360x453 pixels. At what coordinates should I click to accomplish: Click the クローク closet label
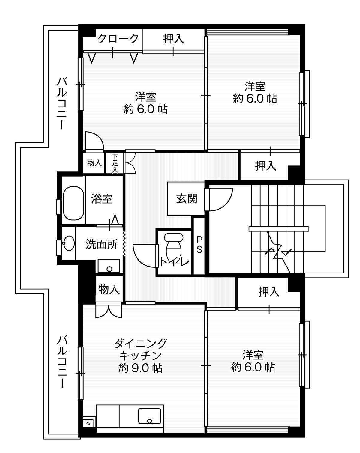pos(118,38)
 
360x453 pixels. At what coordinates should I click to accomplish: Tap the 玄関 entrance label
pos(187,198)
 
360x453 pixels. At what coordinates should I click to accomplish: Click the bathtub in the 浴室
pos(73,203)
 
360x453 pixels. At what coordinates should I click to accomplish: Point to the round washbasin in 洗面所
pos(69,243)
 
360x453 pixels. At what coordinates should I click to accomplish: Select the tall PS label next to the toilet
pos(199,245)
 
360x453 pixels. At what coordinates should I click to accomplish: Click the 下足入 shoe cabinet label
pos(115,163)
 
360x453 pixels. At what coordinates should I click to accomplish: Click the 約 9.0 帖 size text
pos(140,368)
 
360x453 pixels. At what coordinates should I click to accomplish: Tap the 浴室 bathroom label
pos(102,199)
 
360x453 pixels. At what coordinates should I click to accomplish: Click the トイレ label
pos(174,262)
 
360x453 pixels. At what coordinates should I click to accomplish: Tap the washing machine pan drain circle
pos(109,269)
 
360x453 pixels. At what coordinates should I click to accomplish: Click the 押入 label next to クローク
pos(174,39)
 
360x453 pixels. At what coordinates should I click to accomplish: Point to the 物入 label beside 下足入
pos(94,163)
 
